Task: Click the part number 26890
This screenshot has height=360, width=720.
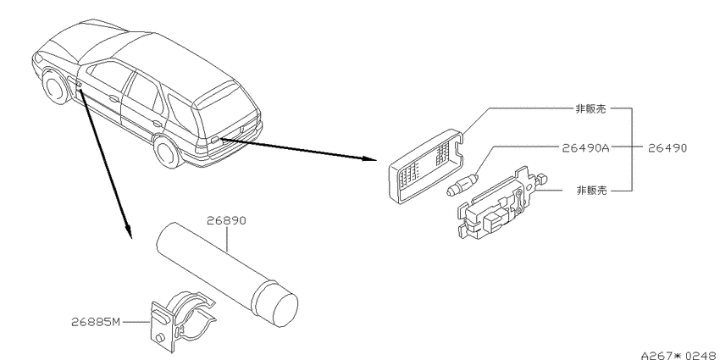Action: click(x=226, y=221)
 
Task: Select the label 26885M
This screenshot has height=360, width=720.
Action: click(x=95, y=322)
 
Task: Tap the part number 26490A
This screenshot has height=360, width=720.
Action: click(x=585, y=148)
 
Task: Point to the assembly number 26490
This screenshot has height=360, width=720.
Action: click(x=667, y=148)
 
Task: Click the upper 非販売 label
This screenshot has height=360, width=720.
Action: click(x=590, y=108)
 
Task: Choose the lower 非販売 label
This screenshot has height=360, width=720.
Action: click(x=591, y=190)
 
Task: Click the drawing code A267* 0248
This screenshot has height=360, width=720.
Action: click(x=679, y=355)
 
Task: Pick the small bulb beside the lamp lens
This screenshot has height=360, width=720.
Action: click(x=463, y=184)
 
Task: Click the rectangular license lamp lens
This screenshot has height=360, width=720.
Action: click(x=426, y=166)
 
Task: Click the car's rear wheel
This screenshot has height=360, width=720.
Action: click(x=166, y=151)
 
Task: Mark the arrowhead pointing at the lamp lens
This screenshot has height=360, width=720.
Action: click(x=370, y=159)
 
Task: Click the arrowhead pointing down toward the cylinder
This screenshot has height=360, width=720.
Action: click(x=129, y=232)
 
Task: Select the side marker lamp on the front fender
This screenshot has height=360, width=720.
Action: click(x=79, y=86)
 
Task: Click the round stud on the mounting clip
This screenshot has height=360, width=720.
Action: click(x=160, y=338)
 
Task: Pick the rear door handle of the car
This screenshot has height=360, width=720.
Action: click(x=158, y=123)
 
